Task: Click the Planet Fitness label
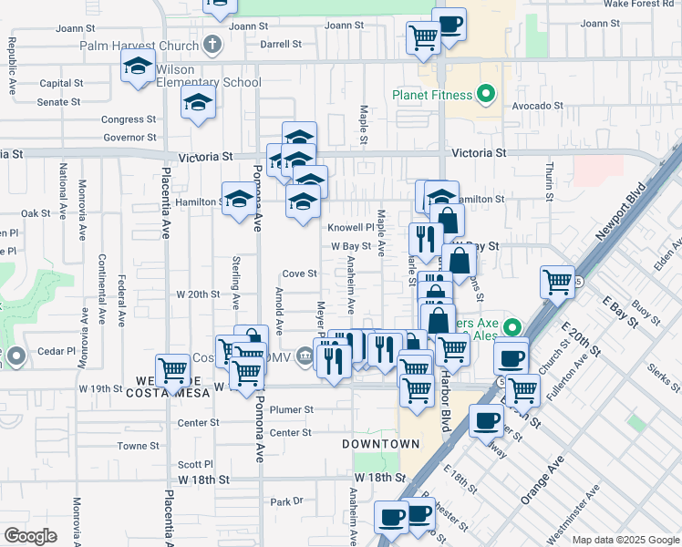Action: (x=432, y=95)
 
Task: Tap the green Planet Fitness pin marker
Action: (x=486, y=94)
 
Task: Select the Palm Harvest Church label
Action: (x=139, y=46)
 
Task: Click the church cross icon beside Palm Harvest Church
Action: (x=212, y=45)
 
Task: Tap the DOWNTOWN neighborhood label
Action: (x=380, y=444)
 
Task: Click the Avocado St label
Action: (x=537, y=106)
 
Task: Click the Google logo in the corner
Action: (x=30, y=535)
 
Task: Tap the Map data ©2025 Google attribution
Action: (x=626, y=540)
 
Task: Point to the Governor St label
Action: (x=131, y=138)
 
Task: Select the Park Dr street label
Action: (x=285, y=501)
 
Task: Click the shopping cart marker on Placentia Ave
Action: (x=172, y=369)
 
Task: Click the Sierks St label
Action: (x=664, y=378)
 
